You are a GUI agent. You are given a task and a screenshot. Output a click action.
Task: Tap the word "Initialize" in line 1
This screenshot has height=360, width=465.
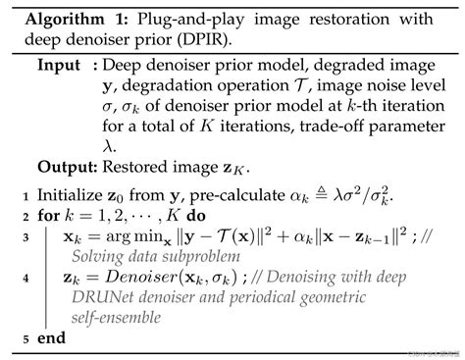[71, 194]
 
